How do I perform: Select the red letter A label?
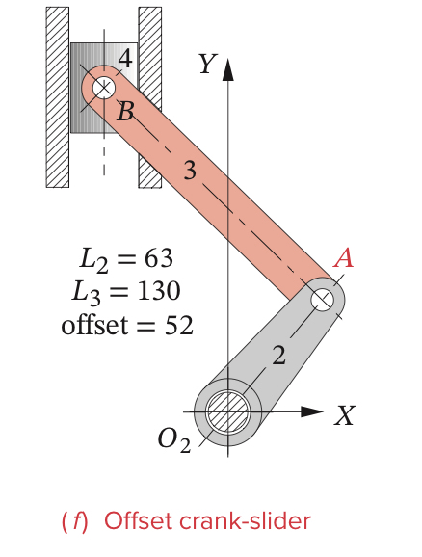tap(343, 258)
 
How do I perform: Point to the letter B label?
tap(125, 113)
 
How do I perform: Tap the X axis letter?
tap(345, 416)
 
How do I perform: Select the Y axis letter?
tap(204, 65)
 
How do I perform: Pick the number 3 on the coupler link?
tap(191, 172)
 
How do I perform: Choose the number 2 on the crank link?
tap(278, 356)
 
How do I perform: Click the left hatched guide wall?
tap(57, 96)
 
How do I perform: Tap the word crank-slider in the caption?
tap(252, 521)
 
